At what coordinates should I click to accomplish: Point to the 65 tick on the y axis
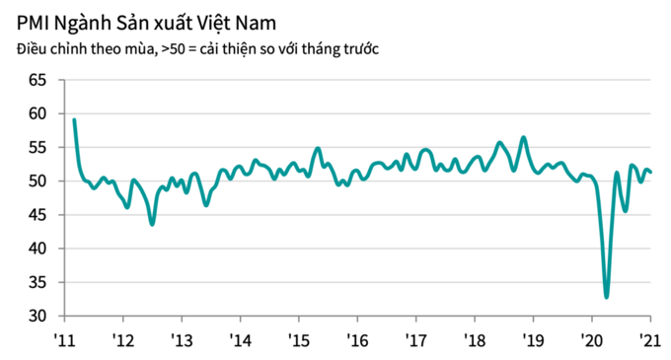(37, 81)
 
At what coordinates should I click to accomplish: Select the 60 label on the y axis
(37, 114)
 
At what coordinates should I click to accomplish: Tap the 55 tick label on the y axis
(37, 148)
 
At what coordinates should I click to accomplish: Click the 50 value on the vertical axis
(37, 181)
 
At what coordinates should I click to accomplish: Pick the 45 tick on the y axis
(37, 215)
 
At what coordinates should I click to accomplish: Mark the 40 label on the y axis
(37, 249)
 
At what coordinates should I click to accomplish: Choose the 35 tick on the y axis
(37, 282)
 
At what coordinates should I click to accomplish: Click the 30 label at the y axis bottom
(37, 316)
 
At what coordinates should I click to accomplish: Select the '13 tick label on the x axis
(182, 340)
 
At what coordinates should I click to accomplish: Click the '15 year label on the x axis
(298, 340)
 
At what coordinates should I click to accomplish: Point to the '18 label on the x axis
(474, 340)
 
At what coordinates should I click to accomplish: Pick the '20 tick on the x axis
(591, 340)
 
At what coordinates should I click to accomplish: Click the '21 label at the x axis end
(649, 340)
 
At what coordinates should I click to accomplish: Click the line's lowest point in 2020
(607, 297)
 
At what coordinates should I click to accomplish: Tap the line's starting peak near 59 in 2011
(74, 119)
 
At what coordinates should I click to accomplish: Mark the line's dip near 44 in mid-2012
(152, 224)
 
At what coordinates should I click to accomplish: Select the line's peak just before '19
(523, 137)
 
